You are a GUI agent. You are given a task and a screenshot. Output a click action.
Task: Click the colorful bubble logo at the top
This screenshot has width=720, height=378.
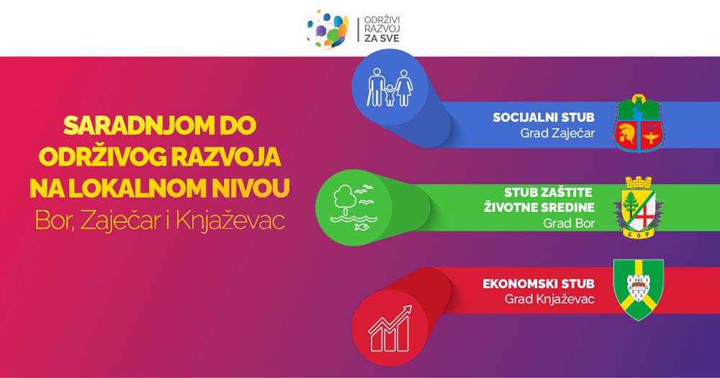328,30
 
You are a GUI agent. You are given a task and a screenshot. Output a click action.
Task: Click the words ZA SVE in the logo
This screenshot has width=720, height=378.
382,39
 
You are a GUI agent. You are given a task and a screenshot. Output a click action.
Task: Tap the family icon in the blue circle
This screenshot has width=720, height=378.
390,87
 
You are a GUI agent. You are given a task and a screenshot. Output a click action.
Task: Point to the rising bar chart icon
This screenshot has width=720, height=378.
390,328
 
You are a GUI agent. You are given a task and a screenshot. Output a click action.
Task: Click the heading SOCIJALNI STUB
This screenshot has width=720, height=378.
544,118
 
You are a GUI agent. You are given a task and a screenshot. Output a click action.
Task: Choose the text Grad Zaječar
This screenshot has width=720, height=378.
557,133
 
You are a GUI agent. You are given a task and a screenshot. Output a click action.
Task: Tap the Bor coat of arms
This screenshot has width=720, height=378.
639,207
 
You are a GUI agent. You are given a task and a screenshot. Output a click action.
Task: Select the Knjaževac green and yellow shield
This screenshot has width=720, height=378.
639,289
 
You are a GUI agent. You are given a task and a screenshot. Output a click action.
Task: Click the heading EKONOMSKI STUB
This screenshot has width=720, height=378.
539,283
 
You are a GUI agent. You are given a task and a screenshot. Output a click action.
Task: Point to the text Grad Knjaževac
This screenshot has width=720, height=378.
549,299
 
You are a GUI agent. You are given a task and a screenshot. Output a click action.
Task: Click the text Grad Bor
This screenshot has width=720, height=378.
569,224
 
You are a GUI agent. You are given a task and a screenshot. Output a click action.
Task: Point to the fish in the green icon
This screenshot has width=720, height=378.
361,227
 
